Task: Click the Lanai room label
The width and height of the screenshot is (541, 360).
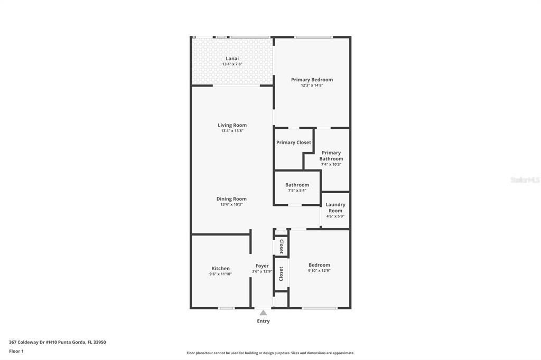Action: click(x=232, y=59)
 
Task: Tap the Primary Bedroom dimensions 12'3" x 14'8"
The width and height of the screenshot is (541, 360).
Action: click(x=312, y=85)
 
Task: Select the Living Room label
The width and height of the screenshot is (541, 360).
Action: click(x=232, y=125)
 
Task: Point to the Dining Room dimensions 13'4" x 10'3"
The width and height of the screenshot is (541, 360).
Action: click(x=231, y=204)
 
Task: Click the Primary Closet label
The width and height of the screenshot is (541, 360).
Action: click(x=293, y=143)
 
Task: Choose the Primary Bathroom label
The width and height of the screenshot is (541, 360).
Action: click(x=331, y=156)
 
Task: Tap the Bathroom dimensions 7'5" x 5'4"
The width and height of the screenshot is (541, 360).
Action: click(x=296, y=191)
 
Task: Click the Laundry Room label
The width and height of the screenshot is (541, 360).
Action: click(x=335, y=207)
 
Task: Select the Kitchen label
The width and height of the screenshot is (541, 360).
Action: click(x=220, y=268)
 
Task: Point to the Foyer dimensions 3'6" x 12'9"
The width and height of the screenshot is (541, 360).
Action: click(x=262, y=271)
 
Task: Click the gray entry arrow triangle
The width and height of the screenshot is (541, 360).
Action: click(x=263, y=313)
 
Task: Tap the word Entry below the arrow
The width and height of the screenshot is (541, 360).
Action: click(x=263, y=321)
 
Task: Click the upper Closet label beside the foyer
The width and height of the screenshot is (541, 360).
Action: click(x=281, y=247)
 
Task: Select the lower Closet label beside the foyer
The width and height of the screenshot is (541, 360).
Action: click(x=281, y=273)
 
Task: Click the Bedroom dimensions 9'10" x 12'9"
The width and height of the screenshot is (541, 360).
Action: click(x=319, y=271)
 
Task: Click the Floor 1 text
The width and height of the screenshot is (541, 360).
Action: click(x=16, y=351)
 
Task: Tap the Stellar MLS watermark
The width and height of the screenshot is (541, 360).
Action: click(x=525, y=180)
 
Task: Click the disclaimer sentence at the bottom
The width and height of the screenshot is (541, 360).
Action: click(x=270, y=353)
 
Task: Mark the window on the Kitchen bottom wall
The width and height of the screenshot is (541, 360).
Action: click(x=226, y=308)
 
